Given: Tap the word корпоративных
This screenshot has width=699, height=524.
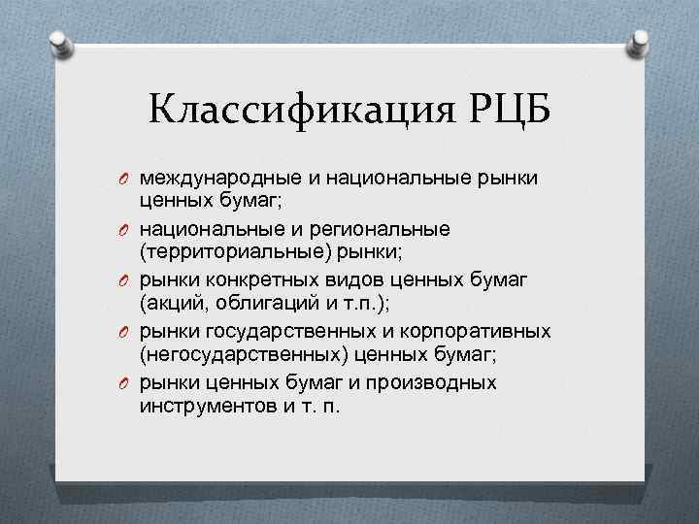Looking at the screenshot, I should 482,331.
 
